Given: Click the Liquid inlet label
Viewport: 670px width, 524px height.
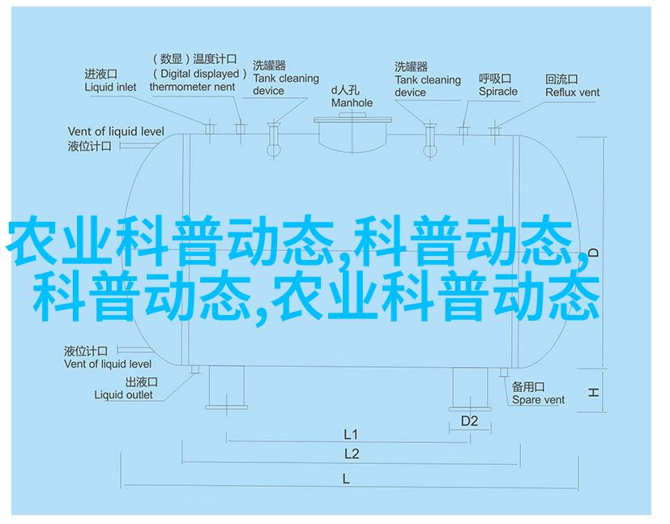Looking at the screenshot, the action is pos(110,87).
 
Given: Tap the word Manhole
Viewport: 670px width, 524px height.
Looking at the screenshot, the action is pos(352,103).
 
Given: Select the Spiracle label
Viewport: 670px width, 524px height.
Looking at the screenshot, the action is pos(497,92).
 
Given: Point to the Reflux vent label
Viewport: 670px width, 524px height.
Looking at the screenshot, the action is pos(572,92).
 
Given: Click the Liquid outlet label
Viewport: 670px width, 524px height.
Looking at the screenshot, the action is pos(123,395).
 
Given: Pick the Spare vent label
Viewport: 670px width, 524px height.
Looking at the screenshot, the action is pos(538,400).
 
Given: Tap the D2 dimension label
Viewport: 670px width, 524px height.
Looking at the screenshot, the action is pos(469,421).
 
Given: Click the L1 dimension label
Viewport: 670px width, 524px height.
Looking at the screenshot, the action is pos(350,435).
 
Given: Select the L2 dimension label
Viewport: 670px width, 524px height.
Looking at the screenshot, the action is pos(352,454).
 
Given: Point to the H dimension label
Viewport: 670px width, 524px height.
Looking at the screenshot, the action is pos(593,392).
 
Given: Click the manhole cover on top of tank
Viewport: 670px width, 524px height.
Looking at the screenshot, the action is pos(352,120).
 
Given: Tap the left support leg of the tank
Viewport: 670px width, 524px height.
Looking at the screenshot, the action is pos(226,387).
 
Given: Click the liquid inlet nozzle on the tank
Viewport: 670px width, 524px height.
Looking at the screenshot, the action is pos(209,128).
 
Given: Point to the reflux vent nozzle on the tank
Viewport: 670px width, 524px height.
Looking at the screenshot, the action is pos(494,130).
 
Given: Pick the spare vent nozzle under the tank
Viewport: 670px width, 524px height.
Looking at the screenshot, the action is pos(504,372).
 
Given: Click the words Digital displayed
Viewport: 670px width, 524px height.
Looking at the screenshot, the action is pos(199,74).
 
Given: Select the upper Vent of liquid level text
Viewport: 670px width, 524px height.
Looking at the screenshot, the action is pos(116,131).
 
